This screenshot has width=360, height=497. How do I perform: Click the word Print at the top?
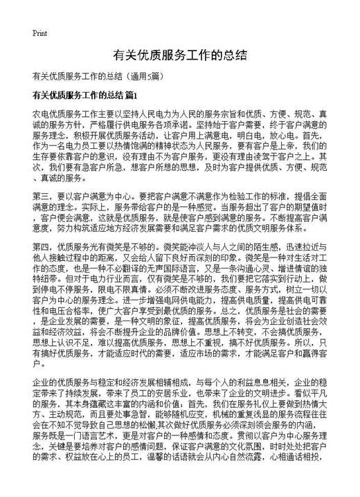point(39,33)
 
